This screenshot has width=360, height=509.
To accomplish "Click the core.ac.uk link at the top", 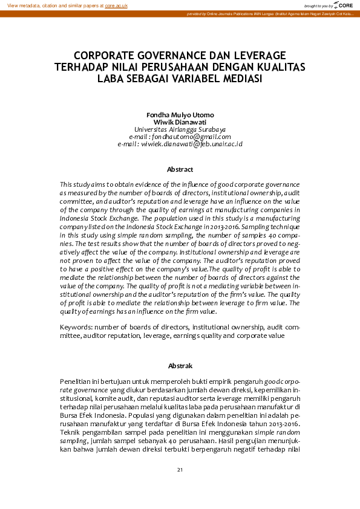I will point(116,5).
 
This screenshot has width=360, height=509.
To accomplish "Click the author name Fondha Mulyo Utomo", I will point(180,115).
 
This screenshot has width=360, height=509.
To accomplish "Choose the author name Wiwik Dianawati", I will point(180,122).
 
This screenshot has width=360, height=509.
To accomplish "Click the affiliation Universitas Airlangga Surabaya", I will point(180,129).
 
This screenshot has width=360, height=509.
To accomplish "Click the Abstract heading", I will point(180,169).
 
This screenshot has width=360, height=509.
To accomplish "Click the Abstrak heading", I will point(180,366).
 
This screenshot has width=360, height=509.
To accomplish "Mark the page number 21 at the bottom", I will point(180,470).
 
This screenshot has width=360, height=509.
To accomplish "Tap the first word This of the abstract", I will point(66,183).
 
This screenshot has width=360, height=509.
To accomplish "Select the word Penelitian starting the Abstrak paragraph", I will point(76,382).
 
